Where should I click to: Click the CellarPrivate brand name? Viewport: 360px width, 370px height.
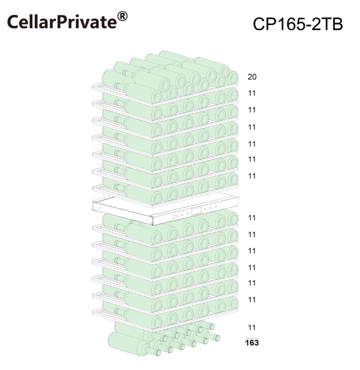(62, 22)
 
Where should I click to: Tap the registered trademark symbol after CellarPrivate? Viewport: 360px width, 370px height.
(122, 17)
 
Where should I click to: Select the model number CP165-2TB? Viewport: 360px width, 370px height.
(297, 24)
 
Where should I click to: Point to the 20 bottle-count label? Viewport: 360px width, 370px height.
(252, 77)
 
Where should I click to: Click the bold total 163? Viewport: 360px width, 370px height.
(252, 342)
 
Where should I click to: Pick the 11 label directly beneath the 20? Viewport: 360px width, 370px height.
(252, 93)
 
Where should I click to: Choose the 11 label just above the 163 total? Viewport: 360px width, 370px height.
(252, 327)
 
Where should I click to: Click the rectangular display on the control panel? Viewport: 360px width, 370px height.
(196, 211)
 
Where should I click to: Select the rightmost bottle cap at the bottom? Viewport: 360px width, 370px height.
(217, 338)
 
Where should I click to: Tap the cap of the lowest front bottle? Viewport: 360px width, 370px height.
(158, 352)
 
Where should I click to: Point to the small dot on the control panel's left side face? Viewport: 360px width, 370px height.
(100, 208)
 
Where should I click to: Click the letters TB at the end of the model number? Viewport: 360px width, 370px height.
(333, 24)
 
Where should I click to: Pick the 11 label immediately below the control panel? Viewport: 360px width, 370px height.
(252, 218)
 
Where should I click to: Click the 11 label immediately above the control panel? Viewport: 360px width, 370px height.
(252, 176)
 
